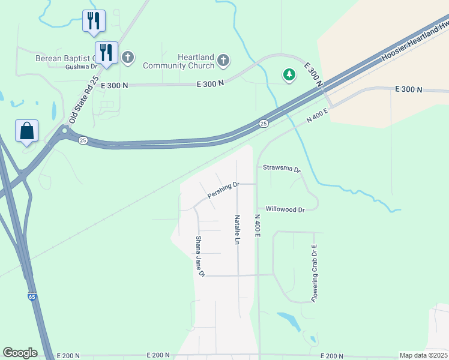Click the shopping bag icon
[x=27, y=131]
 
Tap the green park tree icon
[x=290, y=74]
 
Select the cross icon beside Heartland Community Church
[x=223, y=59]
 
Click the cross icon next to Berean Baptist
[x=127, y=58]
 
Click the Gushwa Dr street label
[x=81, y=67]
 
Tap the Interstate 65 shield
[x=31, y=296]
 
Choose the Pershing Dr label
[x=223, y=191]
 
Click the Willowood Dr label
[x=285, y=209]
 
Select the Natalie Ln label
[x=238, y=230]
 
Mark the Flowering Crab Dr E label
[x=313, y=273]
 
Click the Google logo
[x=20, y=353]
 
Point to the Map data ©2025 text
[x=423, y=355]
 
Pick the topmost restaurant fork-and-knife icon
[x=94, y=20]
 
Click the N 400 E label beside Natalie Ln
[x=257, y=226]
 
